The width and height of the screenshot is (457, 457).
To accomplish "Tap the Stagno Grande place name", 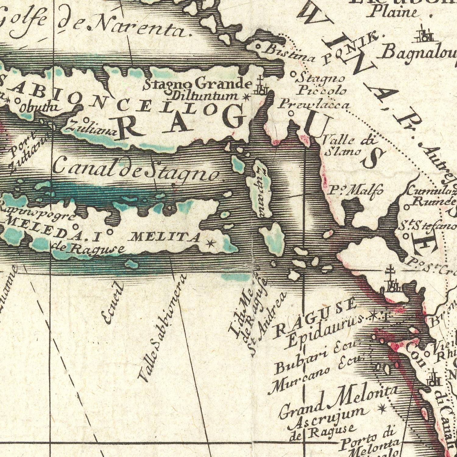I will pyautogui.click(x=198, y=83).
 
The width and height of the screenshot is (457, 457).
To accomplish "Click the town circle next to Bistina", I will pyautogui.click(x=257, y=47).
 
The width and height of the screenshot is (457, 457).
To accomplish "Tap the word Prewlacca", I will pyautogui.click(x=314, y=105).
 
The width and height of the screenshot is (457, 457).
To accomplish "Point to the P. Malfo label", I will pyautogui.click(x=356, y=191).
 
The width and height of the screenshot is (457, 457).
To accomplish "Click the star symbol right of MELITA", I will pyautogui.click(x=210, y=243).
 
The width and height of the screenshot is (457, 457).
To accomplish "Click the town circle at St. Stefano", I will pyautogui.click(x=406, y=236).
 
